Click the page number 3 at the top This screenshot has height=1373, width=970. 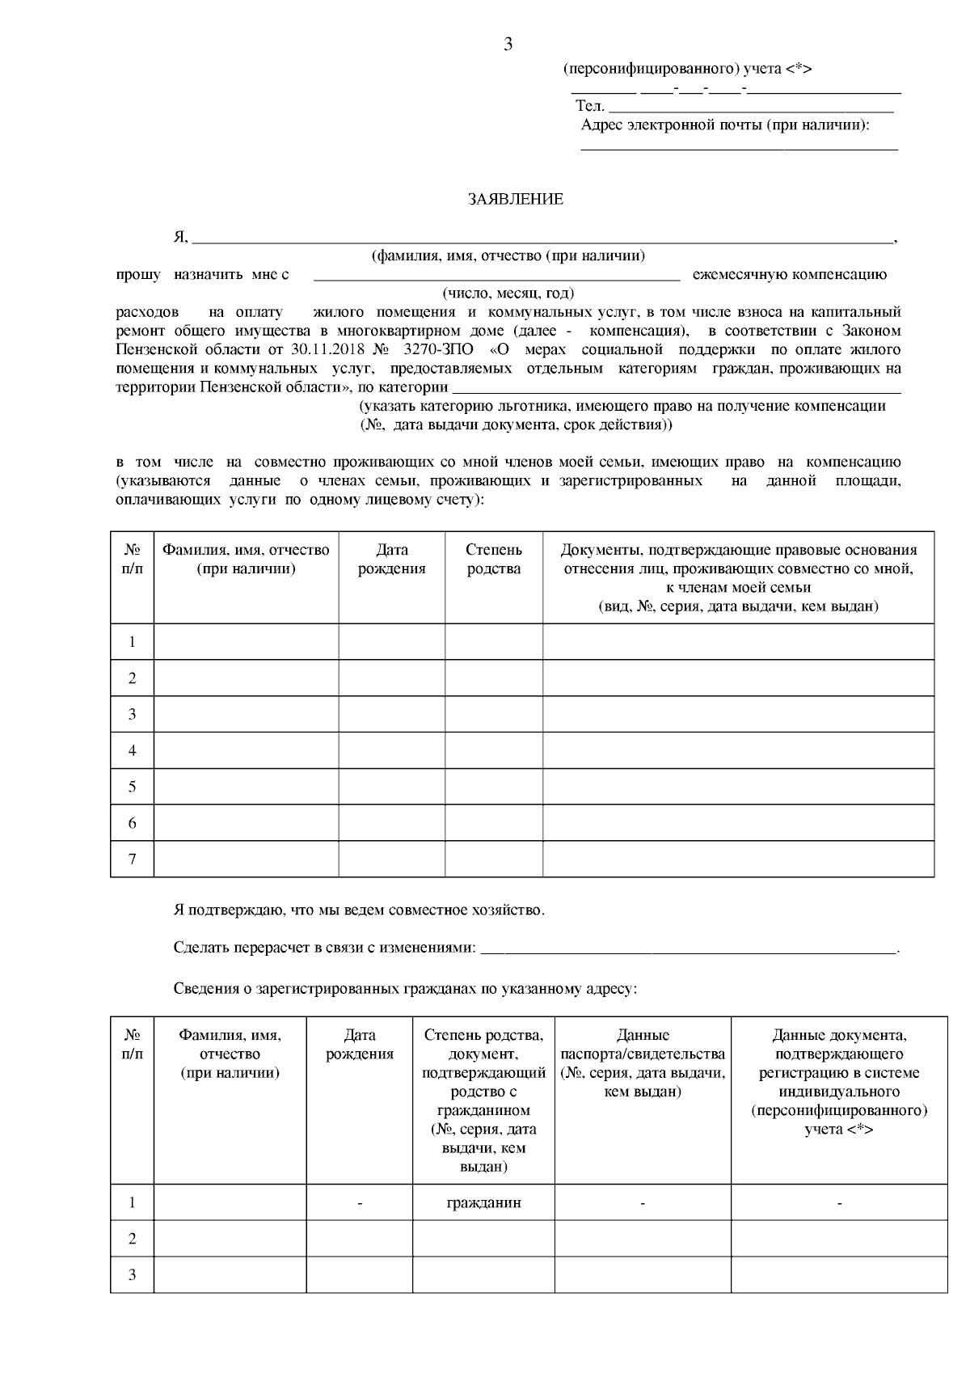(508, 45)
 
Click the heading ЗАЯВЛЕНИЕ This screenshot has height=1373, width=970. (515, 200)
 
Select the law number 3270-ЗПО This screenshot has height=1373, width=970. (441, 350)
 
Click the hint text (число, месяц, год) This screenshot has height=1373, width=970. (508, 294)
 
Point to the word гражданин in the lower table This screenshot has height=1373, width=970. (483, 1202)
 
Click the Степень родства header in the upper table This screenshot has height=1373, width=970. (493, 559)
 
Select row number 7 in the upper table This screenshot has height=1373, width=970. (133, 859)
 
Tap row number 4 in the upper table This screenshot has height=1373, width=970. (133, 750)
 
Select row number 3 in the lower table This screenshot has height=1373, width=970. (133, 1275)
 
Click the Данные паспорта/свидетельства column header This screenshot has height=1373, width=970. (643, 1063)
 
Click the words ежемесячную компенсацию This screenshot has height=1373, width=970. (789, 275)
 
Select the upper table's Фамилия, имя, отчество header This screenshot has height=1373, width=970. (246, 559)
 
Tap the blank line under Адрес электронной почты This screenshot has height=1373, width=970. (739, 146)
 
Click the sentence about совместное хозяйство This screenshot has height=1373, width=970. (359, 910)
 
